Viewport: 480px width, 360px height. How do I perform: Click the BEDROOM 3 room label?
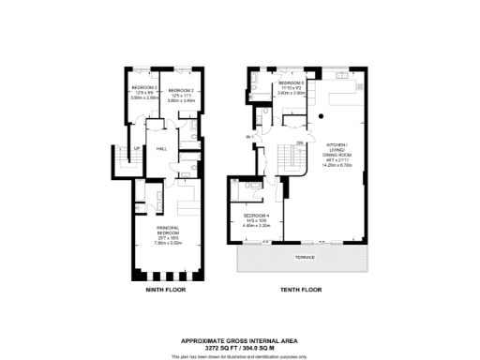[143, 86]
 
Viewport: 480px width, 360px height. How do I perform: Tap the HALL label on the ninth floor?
[160, 148]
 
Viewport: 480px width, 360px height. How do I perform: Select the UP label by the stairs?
[137, 148]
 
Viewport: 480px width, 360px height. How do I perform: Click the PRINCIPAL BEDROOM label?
[167, 231]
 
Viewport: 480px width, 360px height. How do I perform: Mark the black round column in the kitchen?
[321, 115]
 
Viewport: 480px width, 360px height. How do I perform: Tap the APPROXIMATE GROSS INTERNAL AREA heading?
[239, 339]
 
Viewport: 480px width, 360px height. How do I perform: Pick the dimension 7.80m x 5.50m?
[167, 243]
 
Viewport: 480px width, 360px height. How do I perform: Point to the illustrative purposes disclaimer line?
[239, 355]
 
